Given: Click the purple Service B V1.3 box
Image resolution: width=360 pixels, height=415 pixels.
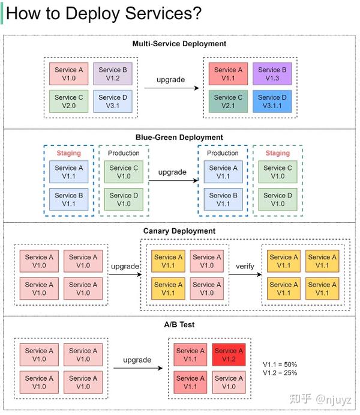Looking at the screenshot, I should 272,74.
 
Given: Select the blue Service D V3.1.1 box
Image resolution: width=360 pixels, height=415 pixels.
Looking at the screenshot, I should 272,101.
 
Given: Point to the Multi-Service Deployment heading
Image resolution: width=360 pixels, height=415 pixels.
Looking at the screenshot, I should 179,44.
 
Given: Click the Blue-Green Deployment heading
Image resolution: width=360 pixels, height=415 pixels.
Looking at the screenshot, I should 179,138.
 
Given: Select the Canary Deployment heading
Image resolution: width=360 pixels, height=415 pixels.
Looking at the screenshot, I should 179,231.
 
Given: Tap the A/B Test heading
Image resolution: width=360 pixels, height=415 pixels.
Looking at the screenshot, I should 179,325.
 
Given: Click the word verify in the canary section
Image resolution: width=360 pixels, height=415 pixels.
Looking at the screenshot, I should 245,265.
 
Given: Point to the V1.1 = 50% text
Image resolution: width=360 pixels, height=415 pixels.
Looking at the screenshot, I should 280,365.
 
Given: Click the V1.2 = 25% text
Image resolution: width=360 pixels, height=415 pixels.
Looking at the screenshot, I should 280,373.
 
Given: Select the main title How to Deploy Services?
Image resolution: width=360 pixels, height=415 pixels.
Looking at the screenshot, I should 103,14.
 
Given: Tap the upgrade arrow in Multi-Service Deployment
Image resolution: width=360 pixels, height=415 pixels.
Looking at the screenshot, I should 171,88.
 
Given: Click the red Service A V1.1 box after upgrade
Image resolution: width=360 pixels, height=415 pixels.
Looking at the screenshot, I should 228,74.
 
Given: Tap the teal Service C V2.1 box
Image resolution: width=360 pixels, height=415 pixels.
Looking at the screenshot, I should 228,101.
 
